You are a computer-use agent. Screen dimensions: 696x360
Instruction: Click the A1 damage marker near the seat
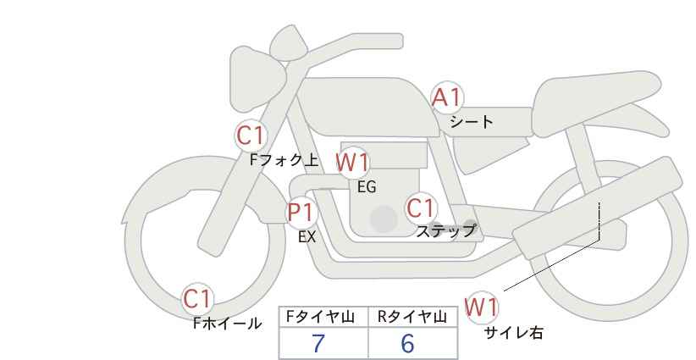447,97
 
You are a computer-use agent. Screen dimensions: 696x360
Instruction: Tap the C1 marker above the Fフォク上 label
251,136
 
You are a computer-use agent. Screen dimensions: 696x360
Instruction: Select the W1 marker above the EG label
352,163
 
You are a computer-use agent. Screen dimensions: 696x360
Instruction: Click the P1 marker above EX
301,212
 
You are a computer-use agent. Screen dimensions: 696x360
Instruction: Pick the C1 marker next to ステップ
420,208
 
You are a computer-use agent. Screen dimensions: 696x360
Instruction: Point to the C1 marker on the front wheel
197,299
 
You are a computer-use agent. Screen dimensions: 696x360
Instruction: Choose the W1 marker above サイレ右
481,307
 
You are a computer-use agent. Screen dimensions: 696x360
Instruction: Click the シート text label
472,122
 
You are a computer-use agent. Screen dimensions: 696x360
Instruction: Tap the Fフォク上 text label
284,160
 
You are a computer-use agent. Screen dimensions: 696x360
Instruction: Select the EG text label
367,187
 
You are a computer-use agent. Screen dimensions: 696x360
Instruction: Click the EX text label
307,237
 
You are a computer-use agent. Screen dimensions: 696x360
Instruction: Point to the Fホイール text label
228,324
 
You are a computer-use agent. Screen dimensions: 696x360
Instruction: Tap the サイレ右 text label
514,333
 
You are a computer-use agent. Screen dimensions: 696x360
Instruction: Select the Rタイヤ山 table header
413,317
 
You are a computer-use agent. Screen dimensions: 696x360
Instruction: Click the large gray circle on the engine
384,219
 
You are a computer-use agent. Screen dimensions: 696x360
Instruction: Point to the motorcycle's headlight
257,83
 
